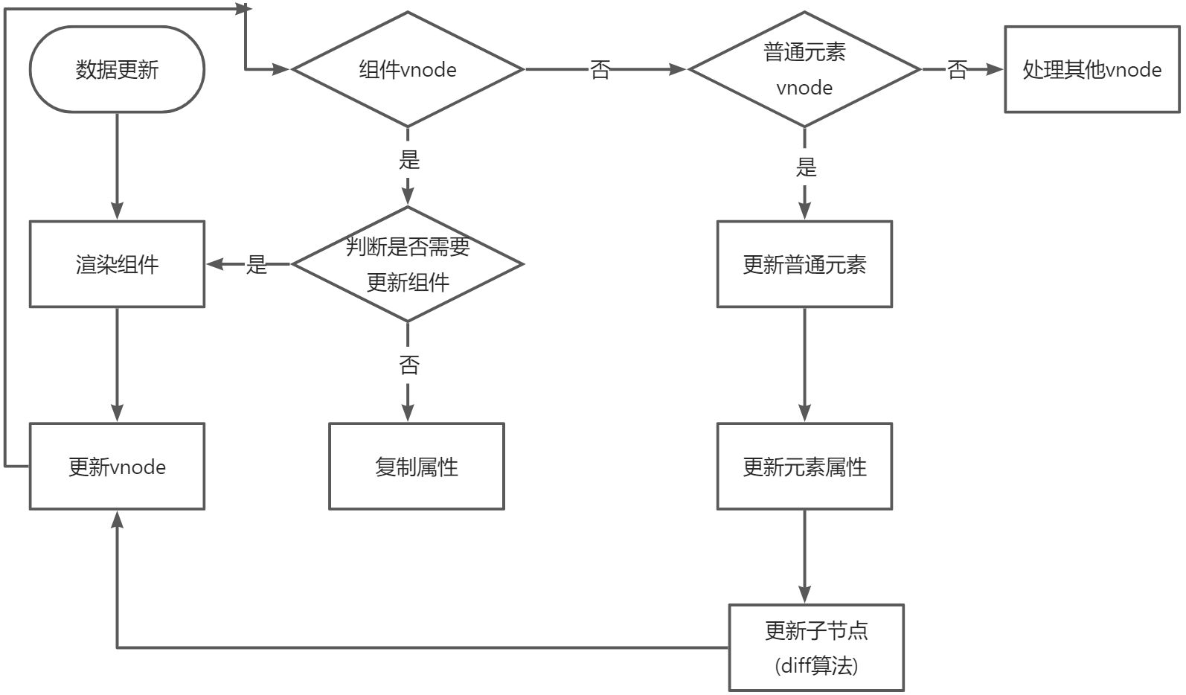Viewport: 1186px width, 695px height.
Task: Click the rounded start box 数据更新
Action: point(117,69)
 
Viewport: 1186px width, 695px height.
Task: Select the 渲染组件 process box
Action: point(117,264)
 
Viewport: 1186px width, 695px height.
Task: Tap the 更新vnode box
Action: point(117,467)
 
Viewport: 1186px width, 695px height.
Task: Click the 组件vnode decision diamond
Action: point(408,69)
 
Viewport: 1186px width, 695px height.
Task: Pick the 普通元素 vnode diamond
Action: point(804,69)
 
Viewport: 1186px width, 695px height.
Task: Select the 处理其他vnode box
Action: point(1092,69)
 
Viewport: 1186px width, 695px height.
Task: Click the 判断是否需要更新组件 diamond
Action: point(408,264)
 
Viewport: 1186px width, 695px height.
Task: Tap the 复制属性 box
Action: point(417,467)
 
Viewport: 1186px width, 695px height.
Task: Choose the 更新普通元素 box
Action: point(804,264)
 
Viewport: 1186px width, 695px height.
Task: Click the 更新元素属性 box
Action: point(804,467)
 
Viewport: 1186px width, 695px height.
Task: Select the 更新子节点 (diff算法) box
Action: point(816,647)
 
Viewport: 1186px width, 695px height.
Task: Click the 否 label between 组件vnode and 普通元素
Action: point(600,69)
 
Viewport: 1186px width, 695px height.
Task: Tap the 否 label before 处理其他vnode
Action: point(957,69)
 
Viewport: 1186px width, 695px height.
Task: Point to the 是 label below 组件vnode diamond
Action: point(409,159)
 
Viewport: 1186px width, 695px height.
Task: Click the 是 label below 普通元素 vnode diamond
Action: point(806,167)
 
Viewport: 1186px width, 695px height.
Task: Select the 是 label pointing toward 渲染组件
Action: point(256,264)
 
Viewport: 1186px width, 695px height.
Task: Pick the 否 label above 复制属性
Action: point(409,365)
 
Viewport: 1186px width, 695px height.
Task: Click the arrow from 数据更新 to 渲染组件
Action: point(117,167)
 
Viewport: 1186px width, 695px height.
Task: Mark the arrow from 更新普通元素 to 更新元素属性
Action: point(804,365)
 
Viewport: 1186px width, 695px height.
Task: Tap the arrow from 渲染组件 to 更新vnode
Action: point(117,365)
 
